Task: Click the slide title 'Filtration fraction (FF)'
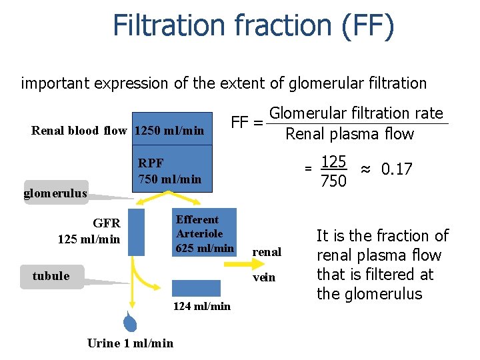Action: pyautogui.click(x=253, y=25)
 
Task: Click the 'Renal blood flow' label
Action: pyautogui.click(x=79, y=131)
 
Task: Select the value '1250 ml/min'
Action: pyautogui.click(x=169, y=131)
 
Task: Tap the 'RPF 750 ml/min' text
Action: pyautogui.click(x=169, y=171)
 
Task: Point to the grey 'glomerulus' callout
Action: pyautogui.click(x=56, y=193)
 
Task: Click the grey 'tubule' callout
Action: pyautogui.click(x=51, y=276)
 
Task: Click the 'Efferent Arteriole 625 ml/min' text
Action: pyautogui.click(x=205, y=234)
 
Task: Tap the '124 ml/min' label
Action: pyautogui.click(x=201, y=306)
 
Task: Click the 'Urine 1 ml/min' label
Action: pyautogui.click(x=130, y=343)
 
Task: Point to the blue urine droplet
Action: pyautogui.click(x=130, y=322)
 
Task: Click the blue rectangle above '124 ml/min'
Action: pyautogui.click(x=196, y=288)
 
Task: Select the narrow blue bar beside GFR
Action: pyautogui.click(x=135, y=231)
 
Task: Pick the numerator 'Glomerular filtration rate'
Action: pyautogui.click(x=356, y=113)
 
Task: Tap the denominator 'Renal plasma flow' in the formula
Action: pyautogui.click(x=349, y=134)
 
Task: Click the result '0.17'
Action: pyautogui.click(x=397, y=169)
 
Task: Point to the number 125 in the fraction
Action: pyautogui.click(x=333, y=161)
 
